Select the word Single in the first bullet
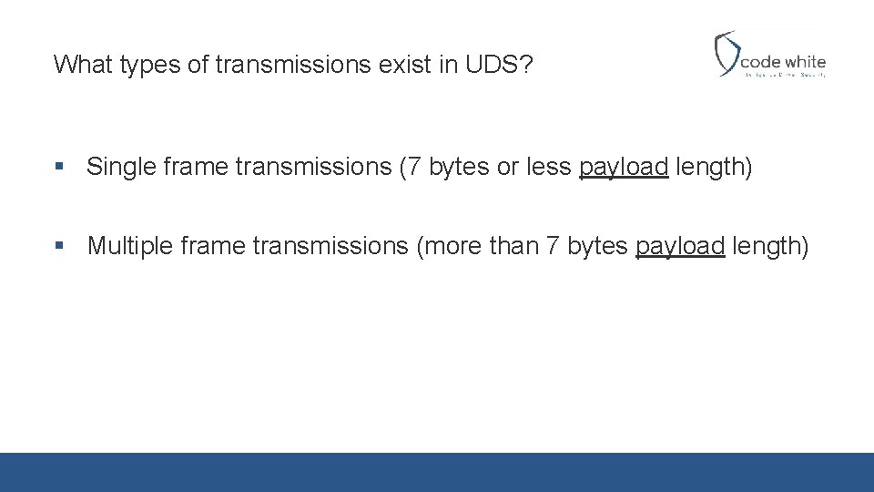(x=117, y=168)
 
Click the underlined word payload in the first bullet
(x=624, y=168)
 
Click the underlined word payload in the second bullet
(x=680, y=246)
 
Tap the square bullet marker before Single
(x=59, y=168)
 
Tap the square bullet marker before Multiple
(x=59, y=246)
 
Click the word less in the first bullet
(x=552, y=168)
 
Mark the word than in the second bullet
(x=514, y=246)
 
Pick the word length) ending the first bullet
(x=714, y=168)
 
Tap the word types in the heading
(x=148, y=65)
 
